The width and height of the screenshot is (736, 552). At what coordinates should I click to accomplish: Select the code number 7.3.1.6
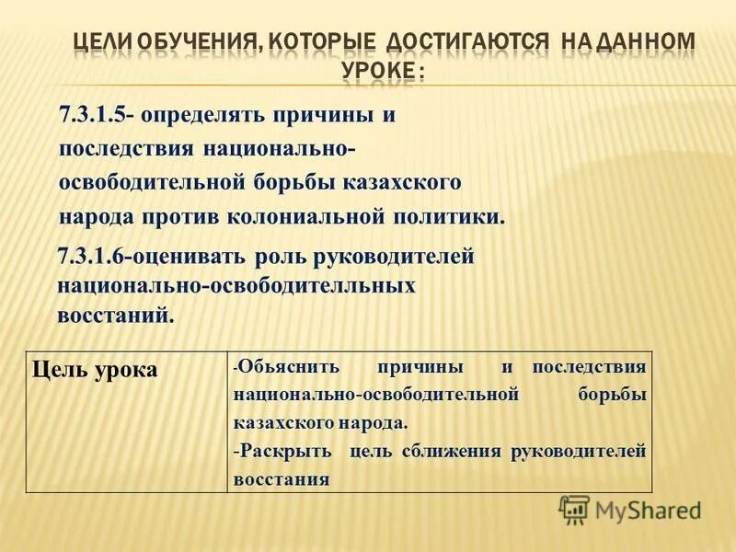tap(90, 258)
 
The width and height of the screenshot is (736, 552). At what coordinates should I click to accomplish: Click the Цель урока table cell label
tap(95, 370)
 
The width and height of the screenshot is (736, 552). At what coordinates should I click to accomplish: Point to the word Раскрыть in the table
tap(286, 452)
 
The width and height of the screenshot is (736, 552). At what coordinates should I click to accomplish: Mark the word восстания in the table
tap(282, 479)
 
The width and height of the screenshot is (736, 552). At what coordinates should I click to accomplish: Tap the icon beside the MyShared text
tap(575, 509)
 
